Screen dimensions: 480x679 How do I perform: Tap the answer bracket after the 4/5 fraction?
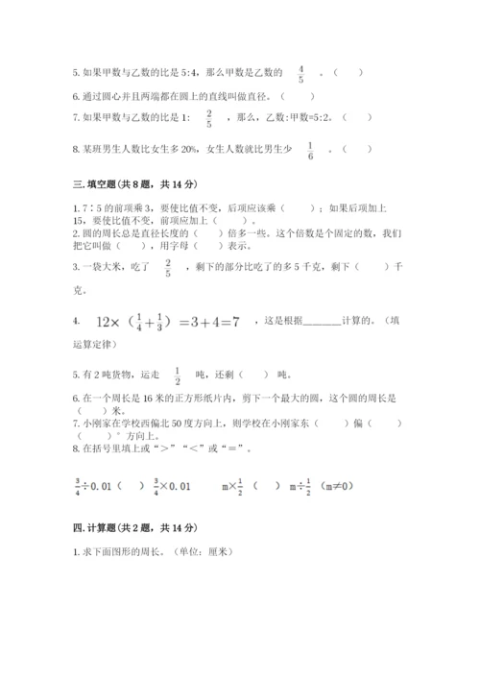pos(352,72)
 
